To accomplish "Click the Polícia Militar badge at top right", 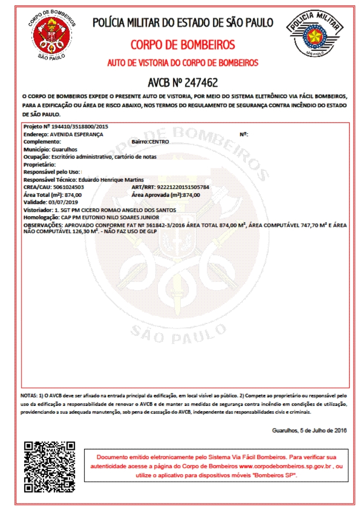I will (x=315, y=34).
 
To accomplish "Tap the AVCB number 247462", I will (x=201, y=82).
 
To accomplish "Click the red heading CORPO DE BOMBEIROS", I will (x=183, y=45).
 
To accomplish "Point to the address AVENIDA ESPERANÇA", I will (x=77, y=134).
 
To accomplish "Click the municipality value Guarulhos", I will (x=64, y=149).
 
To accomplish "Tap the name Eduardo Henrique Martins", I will (x=111, y=180).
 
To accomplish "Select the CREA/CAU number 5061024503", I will (x=68, y=187).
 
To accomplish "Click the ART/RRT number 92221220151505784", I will (x=183, y=187).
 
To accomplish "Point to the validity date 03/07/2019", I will (x=63, y=202).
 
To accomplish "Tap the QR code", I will (x=50, y=467).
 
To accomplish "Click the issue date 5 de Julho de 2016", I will (x=323, y=430).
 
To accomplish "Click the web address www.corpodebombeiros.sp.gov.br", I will (x=285, y=466).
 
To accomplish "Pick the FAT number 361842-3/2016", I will (x=164, y=225).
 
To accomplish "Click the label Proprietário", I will (x=39, y=165).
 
